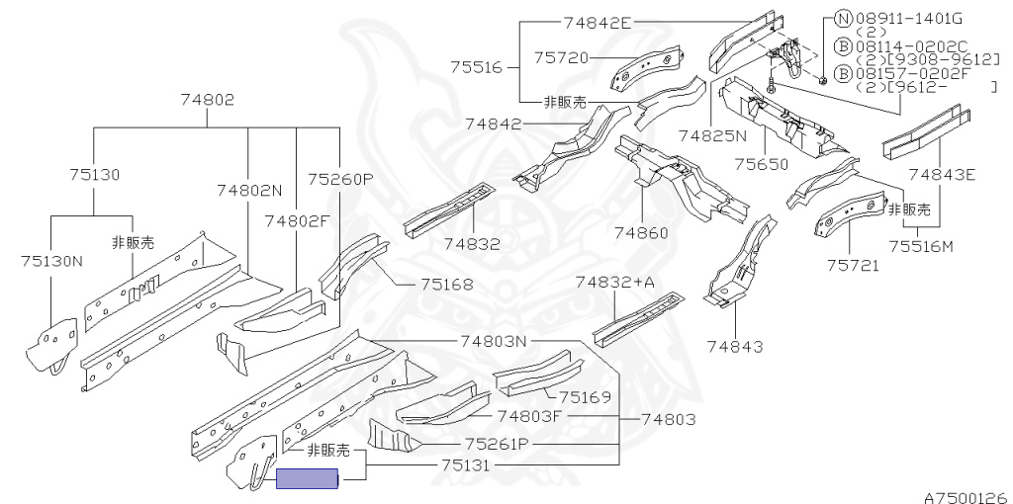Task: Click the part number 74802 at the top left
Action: click(208, 99)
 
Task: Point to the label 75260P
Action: click(340, 179)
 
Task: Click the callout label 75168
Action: click(446, 284)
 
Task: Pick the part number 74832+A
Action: click(615, 282)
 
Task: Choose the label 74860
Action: click(641, 233)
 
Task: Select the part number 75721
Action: click(853, 265)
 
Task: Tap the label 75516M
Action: click(921, 246)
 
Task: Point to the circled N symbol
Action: click(843, 17)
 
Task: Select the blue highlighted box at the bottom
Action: click(307, 480)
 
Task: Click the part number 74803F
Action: click(529, 416)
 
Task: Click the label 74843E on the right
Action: click(942, 175)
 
